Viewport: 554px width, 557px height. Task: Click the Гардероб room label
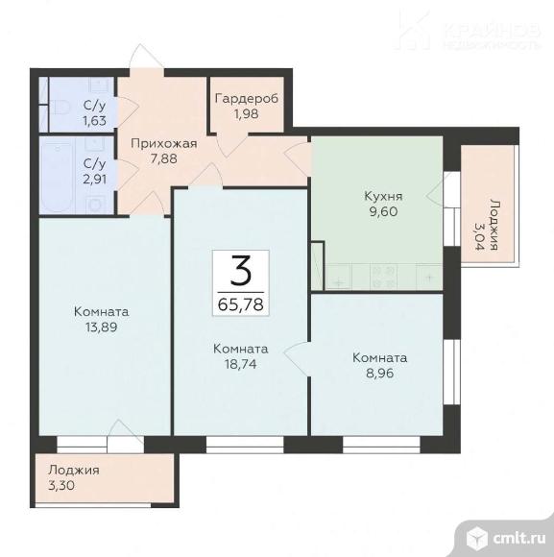247,99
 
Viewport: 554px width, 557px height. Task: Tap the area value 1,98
246,114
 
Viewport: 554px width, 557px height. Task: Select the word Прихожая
164,143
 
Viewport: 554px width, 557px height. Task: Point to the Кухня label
383,196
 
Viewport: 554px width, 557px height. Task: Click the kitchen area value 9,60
383,211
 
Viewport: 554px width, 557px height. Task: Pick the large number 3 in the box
241,271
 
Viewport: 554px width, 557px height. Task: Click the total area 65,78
241,304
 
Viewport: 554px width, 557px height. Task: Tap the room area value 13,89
101,327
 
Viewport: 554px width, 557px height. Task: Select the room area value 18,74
241,364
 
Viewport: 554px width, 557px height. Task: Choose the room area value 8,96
379,373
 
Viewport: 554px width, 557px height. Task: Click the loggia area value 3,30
61,485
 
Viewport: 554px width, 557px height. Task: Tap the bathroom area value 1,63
94,121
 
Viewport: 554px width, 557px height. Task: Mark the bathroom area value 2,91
94,179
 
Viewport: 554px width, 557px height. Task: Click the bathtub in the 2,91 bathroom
58,176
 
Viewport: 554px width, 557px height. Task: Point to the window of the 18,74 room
245,445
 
